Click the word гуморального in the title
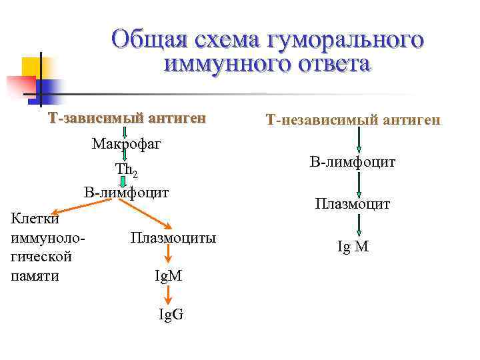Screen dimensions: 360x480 (345, 40)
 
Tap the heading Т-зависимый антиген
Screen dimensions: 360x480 (127, 119)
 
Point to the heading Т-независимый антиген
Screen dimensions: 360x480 (353, 120)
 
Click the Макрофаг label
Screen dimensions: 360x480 (127, 143)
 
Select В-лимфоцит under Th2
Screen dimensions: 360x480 (127, 193)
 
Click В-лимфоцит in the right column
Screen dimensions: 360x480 (353, 162)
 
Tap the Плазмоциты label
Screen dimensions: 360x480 (173, 237)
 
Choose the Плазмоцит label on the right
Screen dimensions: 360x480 (353, 205)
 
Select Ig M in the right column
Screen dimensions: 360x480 (353, 247)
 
